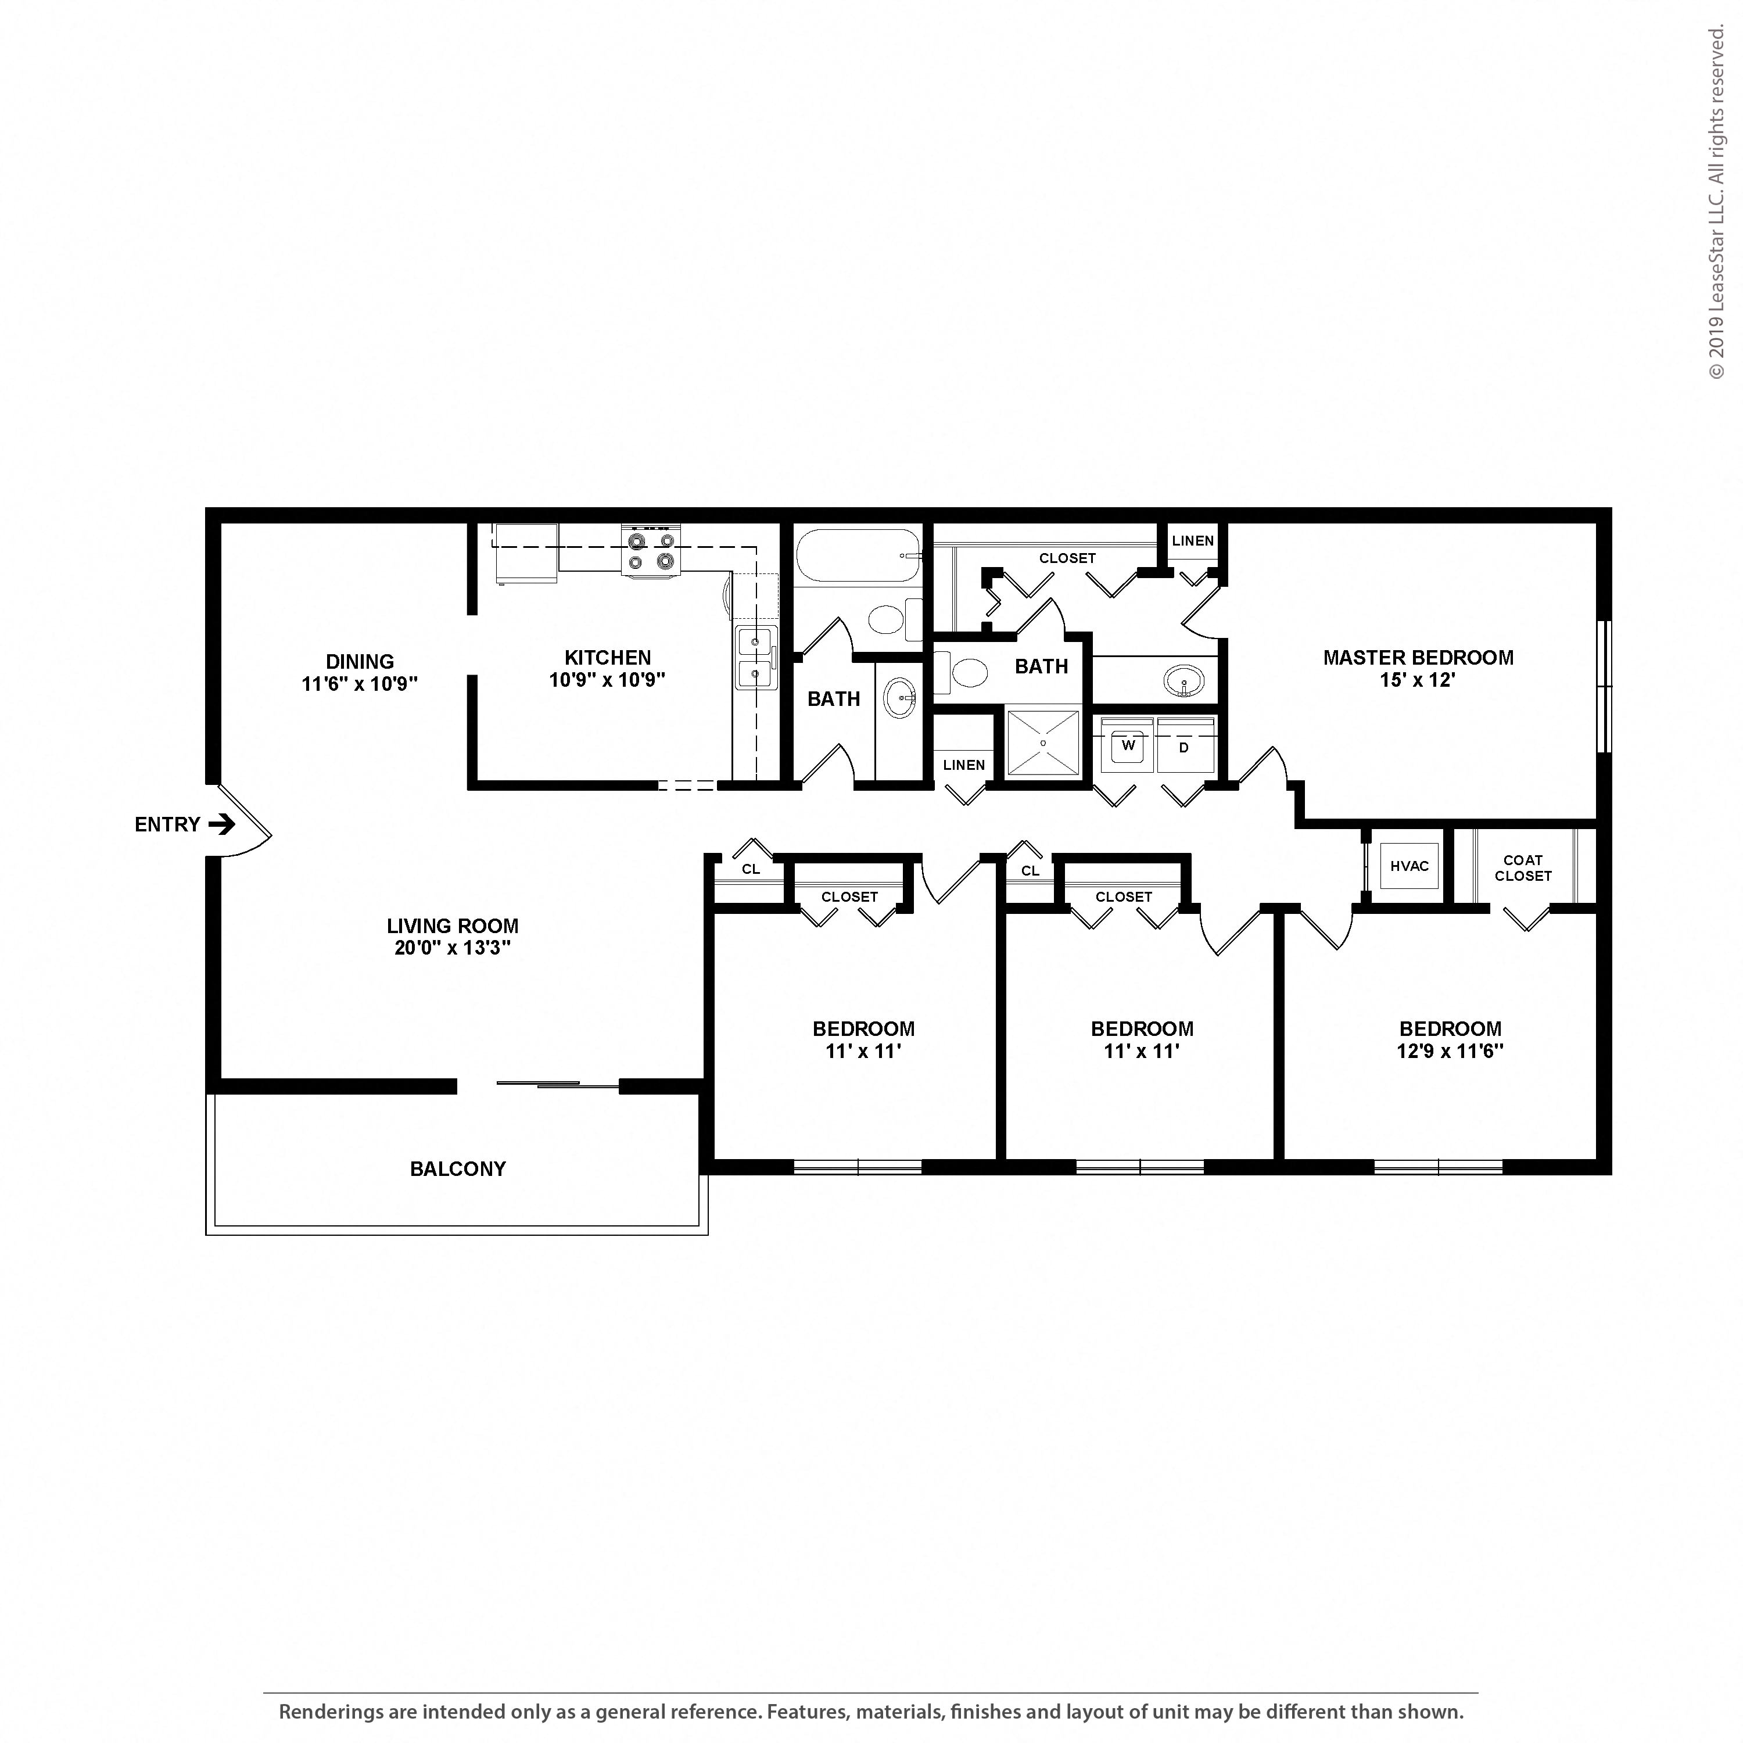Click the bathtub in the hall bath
(x=857, y=556)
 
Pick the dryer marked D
(x=1185, y=745)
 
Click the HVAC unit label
(x=1409, y=866)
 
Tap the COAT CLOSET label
(x=1523, y=868)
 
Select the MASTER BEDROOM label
(x=1418, y=658)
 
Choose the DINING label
(x=360, y=661)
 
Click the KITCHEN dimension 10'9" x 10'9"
(x=607, y=680)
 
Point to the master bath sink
(x=1183, y=680)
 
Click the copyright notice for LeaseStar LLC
(x=1716, y=202)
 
